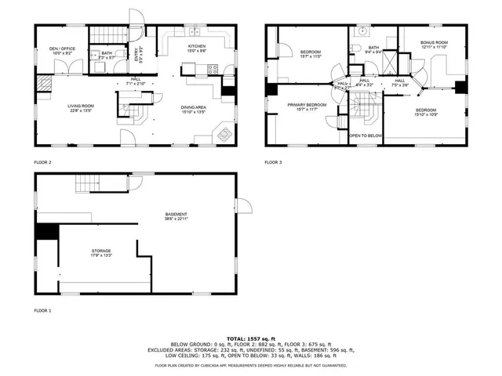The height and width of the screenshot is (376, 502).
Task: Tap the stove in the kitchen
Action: tap(213, 69)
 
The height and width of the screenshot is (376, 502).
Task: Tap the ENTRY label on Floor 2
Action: tap(137, 55)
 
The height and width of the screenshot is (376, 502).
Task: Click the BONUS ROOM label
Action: tap(434, 42)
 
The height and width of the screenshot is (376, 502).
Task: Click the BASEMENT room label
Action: tap(176, 215)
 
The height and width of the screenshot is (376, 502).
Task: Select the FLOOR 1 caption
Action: tap(42, 311)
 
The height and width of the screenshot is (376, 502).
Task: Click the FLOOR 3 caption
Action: tap(272, 162)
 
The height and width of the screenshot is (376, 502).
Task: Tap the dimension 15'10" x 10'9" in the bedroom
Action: tap(426, 115)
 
